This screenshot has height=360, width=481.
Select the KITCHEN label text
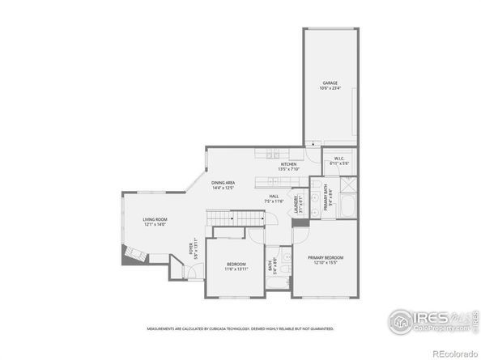click(x=288, y=164)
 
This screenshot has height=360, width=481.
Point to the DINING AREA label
click(x=223, y=183)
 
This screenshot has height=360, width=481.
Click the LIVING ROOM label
click(x=155, y=219)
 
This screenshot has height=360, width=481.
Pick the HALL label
click(x=275, y=197)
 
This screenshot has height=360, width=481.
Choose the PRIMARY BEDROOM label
click(x=326, y=256)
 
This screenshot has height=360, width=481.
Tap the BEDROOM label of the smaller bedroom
click(x=236, y=264)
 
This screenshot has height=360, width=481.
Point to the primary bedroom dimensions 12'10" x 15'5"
click(x=326, y=262)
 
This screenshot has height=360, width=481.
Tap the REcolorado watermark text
click(x=454, y=354)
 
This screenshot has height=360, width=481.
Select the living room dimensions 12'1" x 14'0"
click(x=155, y=225)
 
